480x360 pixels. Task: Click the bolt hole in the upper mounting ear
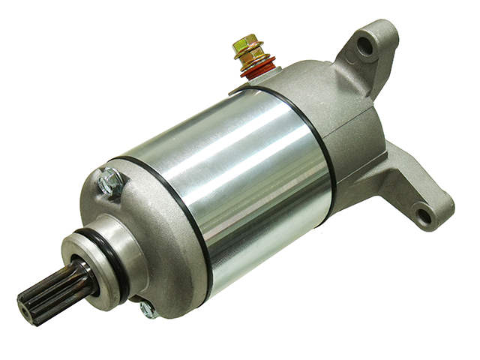point(365,46)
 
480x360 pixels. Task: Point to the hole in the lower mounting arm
point(424,217)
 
